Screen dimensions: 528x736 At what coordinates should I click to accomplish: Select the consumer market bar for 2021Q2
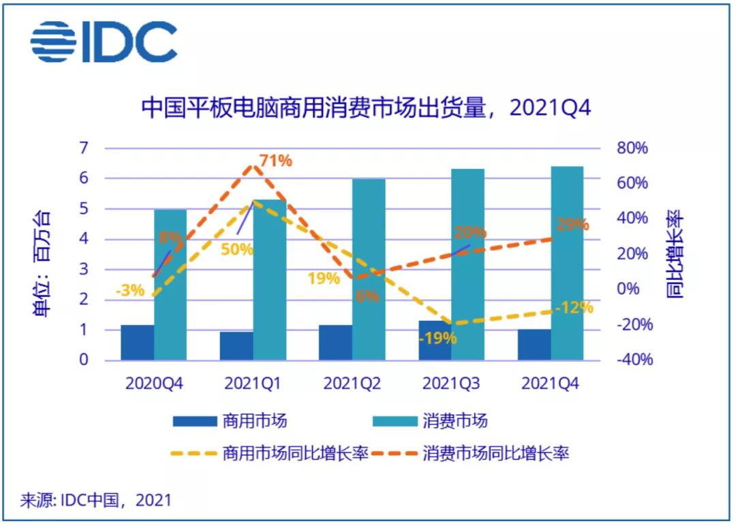tap(369, 269)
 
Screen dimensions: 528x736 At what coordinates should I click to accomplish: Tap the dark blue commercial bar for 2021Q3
tap(434, 339)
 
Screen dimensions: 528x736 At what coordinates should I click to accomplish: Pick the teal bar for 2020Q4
tap(170, 285)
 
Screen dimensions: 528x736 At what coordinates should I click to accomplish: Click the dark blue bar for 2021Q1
tap(236, 345)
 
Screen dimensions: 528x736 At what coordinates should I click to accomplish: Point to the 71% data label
tap(275, 161)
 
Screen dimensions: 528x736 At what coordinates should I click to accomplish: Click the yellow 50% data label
tap(236, 249)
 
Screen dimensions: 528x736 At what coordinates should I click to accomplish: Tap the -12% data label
tap(574, 308)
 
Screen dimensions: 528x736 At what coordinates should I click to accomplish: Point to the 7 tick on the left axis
tap(84, 149)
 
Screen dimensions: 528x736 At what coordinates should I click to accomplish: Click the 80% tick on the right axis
tap(632, 149)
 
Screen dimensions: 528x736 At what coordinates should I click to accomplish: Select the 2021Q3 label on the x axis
tap(451, 384)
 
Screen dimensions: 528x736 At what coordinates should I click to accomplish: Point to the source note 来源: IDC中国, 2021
tap(95, 501)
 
